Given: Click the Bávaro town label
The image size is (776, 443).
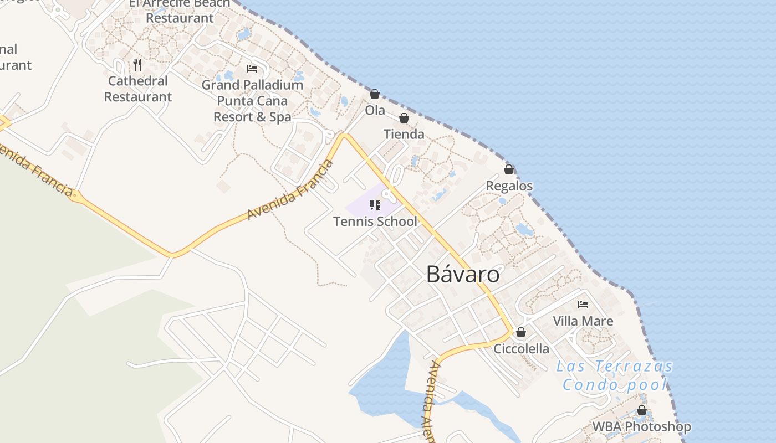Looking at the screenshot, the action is (x=463, y=274).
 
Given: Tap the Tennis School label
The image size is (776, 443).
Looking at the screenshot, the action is (x=375, y=221).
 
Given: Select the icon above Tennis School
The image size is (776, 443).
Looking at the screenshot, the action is (x=375, y=205).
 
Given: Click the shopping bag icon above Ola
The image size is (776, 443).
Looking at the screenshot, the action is (x=375, y=95).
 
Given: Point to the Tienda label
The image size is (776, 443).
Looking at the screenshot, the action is (x=404, y=134).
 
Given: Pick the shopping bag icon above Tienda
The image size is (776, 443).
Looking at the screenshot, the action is (x=404, y=118).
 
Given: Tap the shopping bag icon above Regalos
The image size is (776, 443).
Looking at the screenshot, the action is (x=509, y=169).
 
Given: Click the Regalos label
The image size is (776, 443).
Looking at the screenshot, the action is (x=509, y=186).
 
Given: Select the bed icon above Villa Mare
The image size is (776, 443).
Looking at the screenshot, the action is (x=583, y=305).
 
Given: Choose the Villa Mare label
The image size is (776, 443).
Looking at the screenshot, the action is (x=583, y=321).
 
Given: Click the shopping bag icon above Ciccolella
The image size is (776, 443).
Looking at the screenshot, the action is (x=521, y=332).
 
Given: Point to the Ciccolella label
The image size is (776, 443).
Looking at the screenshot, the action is (x=521, y=349).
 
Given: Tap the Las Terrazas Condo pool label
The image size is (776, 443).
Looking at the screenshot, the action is (x=614, y=375).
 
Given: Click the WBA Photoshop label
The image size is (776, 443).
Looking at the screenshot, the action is (x=641, y=427).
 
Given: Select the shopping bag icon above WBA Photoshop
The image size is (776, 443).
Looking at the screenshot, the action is (x=641, y=411).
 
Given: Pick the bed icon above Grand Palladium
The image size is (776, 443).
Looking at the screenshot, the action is (x=252, y=69).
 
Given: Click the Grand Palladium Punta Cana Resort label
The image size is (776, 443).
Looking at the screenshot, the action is (x=252, y=101).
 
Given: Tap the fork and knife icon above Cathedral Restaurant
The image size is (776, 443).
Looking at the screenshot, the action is (x=137, y=65).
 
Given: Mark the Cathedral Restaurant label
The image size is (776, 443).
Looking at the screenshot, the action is (x=137, y=89).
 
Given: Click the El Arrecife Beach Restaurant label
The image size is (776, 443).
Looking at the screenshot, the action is (x=179, y=11).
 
